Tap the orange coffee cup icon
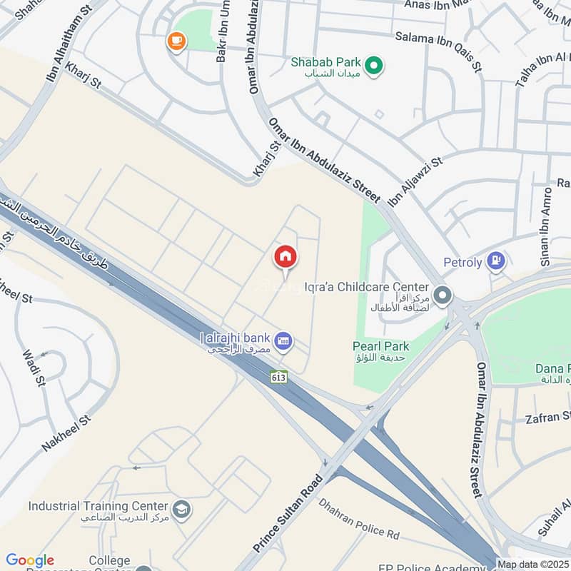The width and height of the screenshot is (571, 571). coord(176,41)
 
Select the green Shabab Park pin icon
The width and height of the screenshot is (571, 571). coord(373,67)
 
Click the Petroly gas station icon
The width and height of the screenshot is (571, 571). coord(495,262)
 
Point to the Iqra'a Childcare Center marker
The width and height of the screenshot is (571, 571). coord(443,294)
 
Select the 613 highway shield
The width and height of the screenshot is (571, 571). coord(279,376)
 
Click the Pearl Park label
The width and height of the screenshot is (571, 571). coord(380,346)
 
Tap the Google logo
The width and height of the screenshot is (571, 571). coord(30,560)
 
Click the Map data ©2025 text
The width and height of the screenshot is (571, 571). coord(533,564)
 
